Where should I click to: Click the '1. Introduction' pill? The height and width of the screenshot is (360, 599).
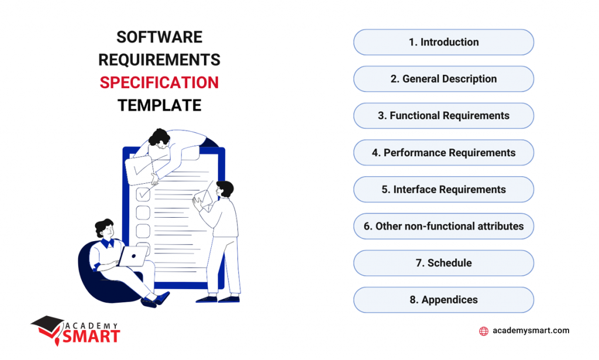[x=443, y=42]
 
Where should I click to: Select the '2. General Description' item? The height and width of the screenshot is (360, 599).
[x=443, y=79]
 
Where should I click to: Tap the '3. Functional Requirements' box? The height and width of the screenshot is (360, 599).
[x=443, y=116]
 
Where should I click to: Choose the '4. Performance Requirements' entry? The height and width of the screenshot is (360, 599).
[x=443, y=153]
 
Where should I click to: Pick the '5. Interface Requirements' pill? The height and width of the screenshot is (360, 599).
[x=443, y=190]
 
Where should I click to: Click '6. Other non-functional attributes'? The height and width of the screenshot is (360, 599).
[x=443, y=226]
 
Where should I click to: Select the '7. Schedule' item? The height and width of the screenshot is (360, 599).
[x=443, y=263]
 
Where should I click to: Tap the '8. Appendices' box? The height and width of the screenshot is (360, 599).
[x=443, y=300]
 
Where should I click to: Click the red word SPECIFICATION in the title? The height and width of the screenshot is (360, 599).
[x=159, y=83]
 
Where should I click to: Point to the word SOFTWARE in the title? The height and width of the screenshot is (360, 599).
[x=159, y=37]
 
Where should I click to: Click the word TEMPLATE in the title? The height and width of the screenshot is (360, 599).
[x=159, y=105]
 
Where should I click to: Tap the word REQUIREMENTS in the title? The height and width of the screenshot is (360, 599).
[x=159, y=60]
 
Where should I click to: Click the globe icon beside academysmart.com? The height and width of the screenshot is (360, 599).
[x=484, y=331]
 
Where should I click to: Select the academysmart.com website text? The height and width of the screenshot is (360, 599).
[x=531, y=331]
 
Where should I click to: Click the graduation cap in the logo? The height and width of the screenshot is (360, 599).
[x=46, y=323]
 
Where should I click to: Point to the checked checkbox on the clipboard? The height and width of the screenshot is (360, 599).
[x=143, y=193]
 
